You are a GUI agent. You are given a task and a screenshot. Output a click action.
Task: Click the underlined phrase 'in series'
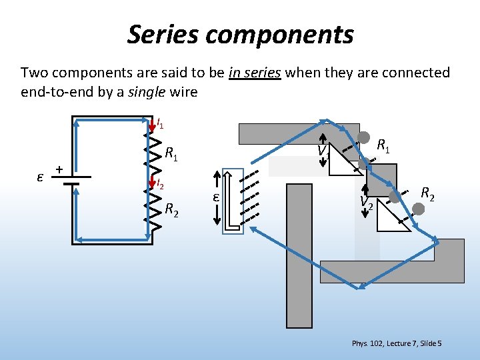tap(254, 73)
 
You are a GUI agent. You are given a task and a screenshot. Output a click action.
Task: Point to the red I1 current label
tap(160, 123)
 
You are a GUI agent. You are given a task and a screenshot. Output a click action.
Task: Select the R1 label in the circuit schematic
tap(171, 155)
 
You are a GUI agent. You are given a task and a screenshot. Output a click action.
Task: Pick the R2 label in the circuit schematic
tap(171, 210)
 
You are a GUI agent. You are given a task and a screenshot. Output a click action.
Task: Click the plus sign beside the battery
tap(59, 170)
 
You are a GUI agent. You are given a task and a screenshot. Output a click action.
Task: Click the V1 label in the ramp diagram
tap(324, 153)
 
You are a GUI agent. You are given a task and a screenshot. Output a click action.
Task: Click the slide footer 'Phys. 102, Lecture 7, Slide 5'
tap(396, 343)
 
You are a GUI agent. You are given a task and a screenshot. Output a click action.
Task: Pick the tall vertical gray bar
tap(295, 267)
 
